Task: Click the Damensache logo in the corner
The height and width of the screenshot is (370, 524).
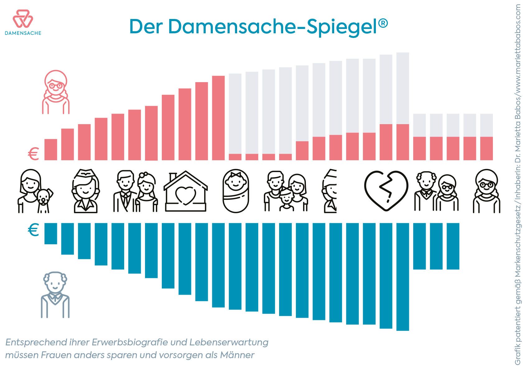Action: (23, 22)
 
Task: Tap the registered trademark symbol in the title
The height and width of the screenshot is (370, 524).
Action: (383, 23)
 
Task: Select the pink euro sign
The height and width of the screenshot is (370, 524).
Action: (33, 154)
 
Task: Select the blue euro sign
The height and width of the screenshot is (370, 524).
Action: (33, 230)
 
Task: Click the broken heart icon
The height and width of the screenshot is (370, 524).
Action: (386, 191)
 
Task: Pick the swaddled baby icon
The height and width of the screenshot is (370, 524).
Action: (236, 191)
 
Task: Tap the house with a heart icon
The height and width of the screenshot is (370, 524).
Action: (186, 191)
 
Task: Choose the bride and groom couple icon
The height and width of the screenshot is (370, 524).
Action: (135, 191)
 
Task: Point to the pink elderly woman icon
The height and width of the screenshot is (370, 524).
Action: (56, 92)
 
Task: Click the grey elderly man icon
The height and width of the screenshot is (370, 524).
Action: (55, 295)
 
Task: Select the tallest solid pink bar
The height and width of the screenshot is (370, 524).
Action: (218, 118)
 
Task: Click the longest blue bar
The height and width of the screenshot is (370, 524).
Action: (403, 277)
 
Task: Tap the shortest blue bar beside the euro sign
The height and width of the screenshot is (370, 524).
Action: (51, 233)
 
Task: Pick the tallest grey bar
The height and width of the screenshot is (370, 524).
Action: (403, 88)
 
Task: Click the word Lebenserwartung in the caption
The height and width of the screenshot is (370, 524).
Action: (229, 342)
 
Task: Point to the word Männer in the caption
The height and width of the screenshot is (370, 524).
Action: (237, 355)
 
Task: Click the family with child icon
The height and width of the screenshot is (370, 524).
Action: (286, 191)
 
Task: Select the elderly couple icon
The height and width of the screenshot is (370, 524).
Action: (436, 191)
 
